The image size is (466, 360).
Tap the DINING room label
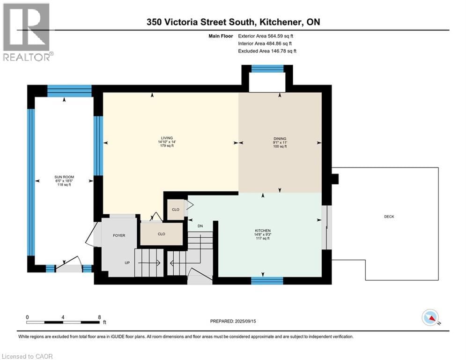[280, 139]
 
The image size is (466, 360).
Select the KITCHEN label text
[262, 231]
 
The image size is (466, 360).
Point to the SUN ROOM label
[64, 177]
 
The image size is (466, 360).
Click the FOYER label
[118, 235]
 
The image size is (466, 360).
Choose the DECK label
[389, 217]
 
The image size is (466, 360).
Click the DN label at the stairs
[200, 226]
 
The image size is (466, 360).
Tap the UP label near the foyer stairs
[127, 262]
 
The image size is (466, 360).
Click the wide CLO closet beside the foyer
[161, 233]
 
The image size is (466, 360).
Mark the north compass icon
[430, 317]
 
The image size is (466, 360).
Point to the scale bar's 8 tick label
[99, 317]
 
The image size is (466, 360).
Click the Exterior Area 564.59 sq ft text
[266, 36]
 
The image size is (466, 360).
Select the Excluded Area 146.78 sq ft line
[267, 51]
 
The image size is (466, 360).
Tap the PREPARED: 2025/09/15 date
[233, 321]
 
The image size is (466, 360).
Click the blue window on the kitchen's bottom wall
[267, 281]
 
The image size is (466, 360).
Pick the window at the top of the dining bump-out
[267, 68]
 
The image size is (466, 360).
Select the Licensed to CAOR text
[27, 356]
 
